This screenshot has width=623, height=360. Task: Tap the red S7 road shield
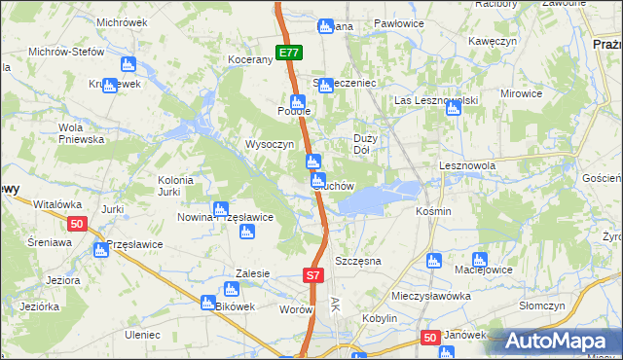coord(311,276)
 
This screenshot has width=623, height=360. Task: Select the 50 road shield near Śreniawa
coord(78,224)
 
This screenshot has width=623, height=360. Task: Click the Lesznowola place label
coord(467,166)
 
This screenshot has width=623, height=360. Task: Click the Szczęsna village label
coord(357,262)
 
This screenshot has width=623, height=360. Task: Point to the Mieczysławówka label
coord(423,296)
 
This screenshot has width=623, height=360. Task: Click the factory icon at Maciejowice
coord(479,261)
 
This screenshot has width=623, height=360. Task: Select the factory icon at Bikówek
coord(231,289)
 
